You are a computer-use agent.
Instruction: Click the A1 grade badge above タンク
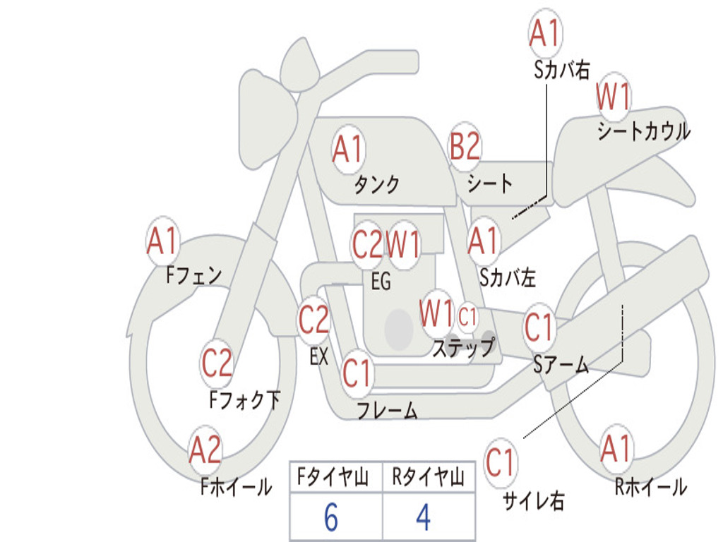(x=347, y=150)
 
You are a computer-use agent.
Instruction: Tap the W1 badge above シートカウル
(x=613, y=98)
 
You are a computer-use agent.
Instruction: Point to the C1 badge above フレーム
(x=357, y=372)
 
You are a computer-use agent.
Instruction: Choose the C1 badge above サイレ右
(x=501, y=463)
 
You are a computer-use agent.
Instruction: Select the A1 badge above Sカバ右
(x=546, y=34)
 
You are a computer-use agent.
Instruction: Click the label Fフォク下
(x=244, y=400)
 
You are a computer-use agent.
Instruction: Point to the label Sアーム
(x=561, y=364)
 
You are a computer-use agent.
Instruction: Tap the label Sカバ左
(x=507, y=277)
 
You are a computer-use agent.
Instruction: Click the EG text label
(x=381, y=282)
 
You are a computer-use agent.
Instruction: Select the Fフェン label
(x=194, y=275)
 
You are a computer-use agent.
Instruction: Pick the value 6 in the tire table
(x=331, y=518)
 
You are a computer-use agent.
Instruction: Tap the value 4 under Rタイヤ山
(x=423, y=518)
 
